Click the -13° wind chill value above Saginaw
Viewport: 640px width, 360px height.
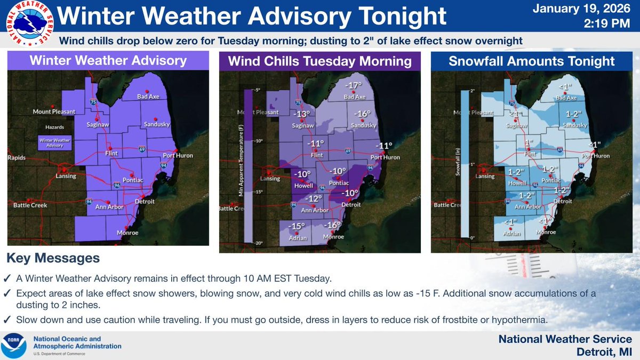[x=302, y=114]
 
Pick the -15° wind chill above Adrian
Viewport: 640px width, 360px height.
[x=295, y=226]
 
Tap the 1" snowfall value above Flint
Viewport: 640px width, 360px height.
[x=529, y=142]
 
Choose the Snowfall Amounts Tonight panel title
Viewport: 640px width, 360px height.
[x=531, y=61]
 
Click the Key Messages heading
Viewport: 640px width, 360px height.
[x=53, y=258]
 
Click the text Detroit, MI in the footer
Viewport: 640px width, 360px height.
[x=604, y=351]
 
